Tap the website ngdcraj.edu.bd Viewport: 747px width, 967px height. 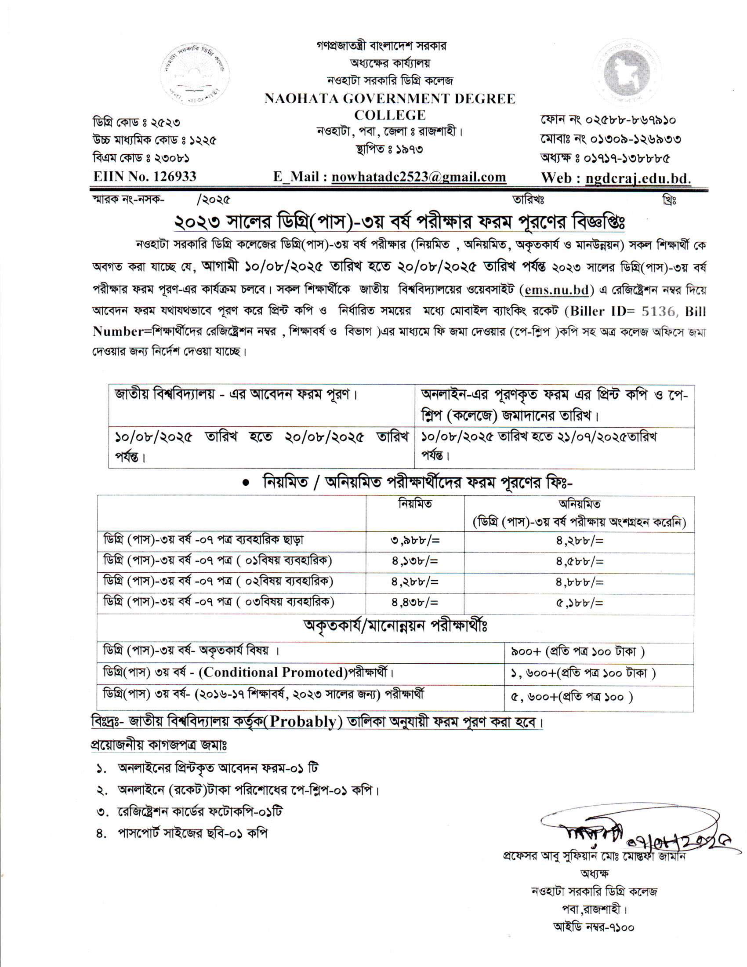638,178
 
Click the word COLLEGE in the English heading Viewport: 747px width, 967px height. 390,115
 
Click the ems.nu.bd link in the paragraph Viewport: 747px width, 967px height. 557,290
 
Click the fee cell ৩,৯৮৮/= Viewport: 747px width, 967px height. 415,541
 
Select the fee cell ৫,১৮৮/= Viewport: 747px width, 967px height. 580,603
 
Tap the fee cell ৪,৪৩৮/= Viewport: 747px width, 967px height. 415,603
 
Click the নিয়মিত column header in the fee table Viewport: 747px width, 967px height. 415,504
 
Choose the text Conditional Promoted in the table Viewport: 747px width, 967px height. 272,672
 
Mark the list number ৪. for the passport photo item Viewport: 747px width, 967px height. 102,834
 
